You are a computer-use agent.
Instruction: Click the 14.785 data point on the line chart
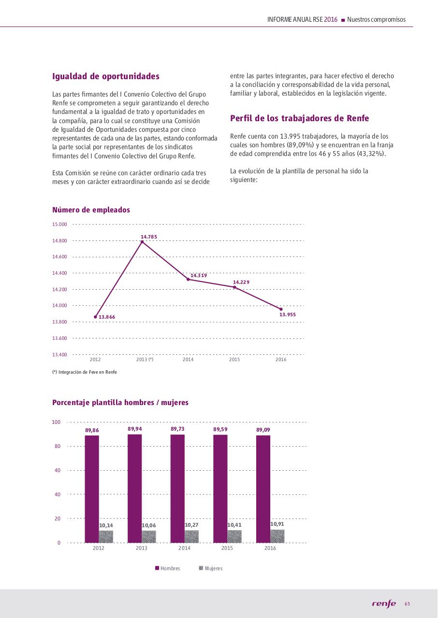point(142,242)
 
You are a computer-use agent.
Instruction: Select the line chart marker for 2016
point(281,309)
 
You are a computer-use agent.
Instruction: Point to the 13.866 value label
point(107,317)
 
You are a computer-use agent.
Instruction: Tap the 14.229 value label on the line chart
point(241,282)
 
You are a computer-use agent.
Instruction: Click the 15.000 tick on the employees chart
point(60,224)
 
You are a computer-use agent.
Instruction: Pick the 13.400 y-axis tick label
point(60,354)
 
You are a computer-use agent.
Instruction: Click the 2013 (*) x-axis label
point(145,360)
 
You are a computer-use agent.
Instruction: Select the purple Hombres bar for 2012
point(92,489)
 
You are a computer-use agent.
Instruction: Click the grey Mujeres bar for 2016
point(277,536)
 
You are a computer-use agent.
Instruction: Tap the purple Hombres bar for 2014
point(177,488)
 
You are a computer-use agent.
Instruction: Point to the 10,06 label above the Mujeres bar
point(149,525)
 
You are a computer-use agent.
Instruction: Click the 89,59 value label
point(220,429)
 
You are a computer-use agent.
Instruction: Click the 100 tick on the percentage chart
point(56,422)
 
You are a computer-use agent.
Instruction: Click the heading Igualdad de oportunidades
point(106,76)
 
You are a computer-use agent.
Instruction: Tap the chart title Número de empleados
point(91,210)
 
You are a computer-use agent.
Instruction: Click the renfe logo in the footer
point(384,604)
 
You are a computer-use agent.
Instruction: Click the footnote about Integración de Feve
point(85,372)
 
